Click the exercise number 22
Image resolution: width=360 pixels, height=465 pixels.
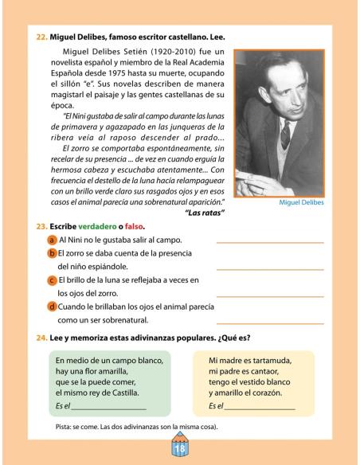(42, 37)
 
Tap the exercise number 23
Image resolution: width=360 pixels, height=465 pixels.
(42, 225)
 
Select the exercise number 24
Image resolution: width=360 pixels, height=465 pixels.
(42, 337)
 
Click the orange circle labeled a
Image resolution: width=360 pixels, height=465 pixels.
(52, 239)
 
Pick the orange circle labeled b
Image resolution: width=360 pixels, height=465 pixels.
(52, 253)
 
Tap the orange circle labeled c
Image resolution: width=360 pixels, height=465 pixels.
(52, 280)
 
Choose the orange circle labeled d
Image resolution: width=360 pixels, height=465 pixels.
(52, 307)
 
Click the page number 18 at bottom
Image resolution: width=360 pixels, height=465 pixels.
(179, 447)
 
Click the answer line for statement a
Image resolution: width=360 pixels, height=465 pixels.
(270, 241)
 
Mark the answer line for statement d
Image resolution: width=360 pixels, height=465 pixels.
(270, 323)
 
